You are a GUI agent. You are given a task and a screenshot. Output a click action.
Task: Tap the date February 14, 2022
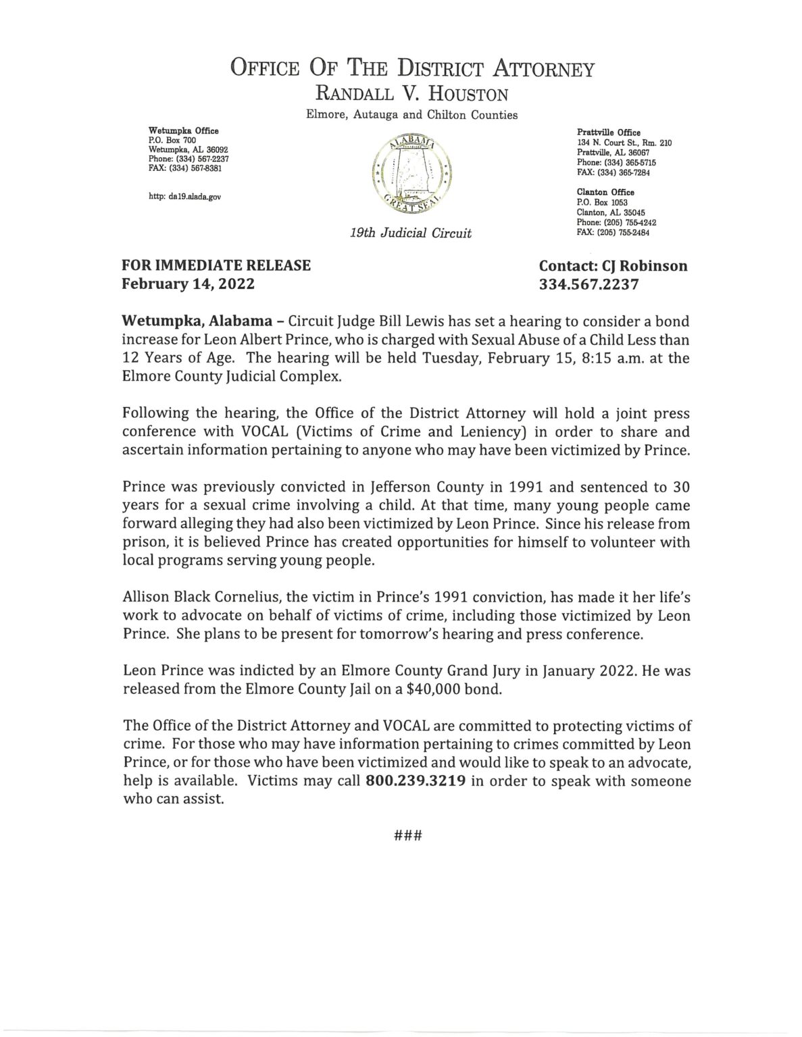point(188,284)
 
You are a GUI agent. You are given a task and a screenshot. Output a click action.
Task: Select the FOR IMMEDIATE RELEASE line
point(216,265)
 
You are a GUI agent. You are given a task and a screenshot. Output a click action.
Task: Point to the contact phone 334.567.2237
point(588,284)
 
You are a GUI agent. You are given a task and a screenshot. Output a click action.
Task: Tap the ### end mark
point(407,834)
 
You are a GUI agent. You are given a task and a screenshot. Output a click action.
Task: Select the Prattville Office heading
point(609,133)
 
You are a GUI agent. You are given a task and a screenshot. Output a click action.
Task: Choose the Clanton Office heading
point(605,192)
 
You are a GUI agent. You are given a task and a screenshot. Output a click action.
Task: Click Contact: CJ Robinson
point(613,265)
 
